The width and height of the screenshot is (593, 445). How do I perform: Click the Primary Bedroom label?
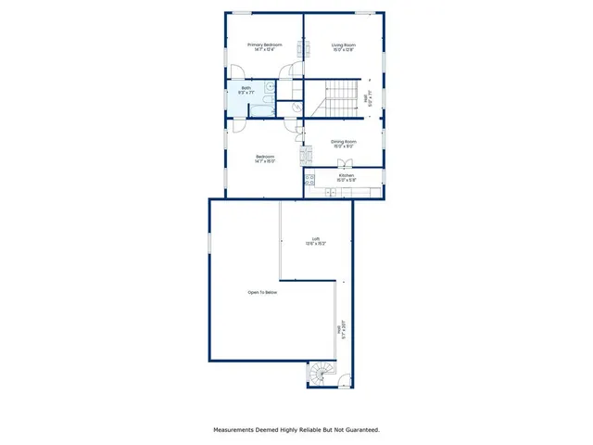[x=264, y=44]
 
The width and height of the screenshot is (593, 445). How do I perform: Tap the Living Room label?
[x=344, y=44]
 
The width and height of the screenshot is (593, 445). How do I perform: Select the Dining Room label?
[x=344, y=142]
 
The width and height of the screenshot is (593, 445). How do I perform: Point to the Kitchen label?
[x=346, y=174]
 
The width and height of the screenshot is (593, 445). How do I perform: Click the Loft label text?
[x=316, y=240]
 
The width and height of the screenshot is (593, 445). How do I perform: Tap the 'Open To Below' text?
[x=262, y=292]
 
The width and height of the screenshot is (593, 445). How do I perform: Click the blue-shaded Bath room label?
[x=246, y=88]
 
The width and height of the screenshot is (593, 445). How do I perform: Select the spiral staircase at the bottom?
[x=321, y=374]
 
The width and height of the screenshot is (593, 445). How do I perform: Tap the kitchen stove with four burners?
[x=309, y=179]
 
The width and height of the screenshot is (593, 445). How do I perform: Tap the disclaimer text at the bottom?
[x=296, y=429]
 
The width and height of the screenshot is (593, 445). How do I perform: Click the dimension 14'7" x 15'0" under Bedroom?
[x=265, y=161]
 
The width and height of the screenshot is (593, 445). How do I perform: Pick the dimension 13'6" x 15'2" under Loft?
[x=316, y=245]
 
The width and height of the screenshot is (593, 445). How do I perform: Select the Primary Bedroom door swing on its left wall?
[x=235, y=71]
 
